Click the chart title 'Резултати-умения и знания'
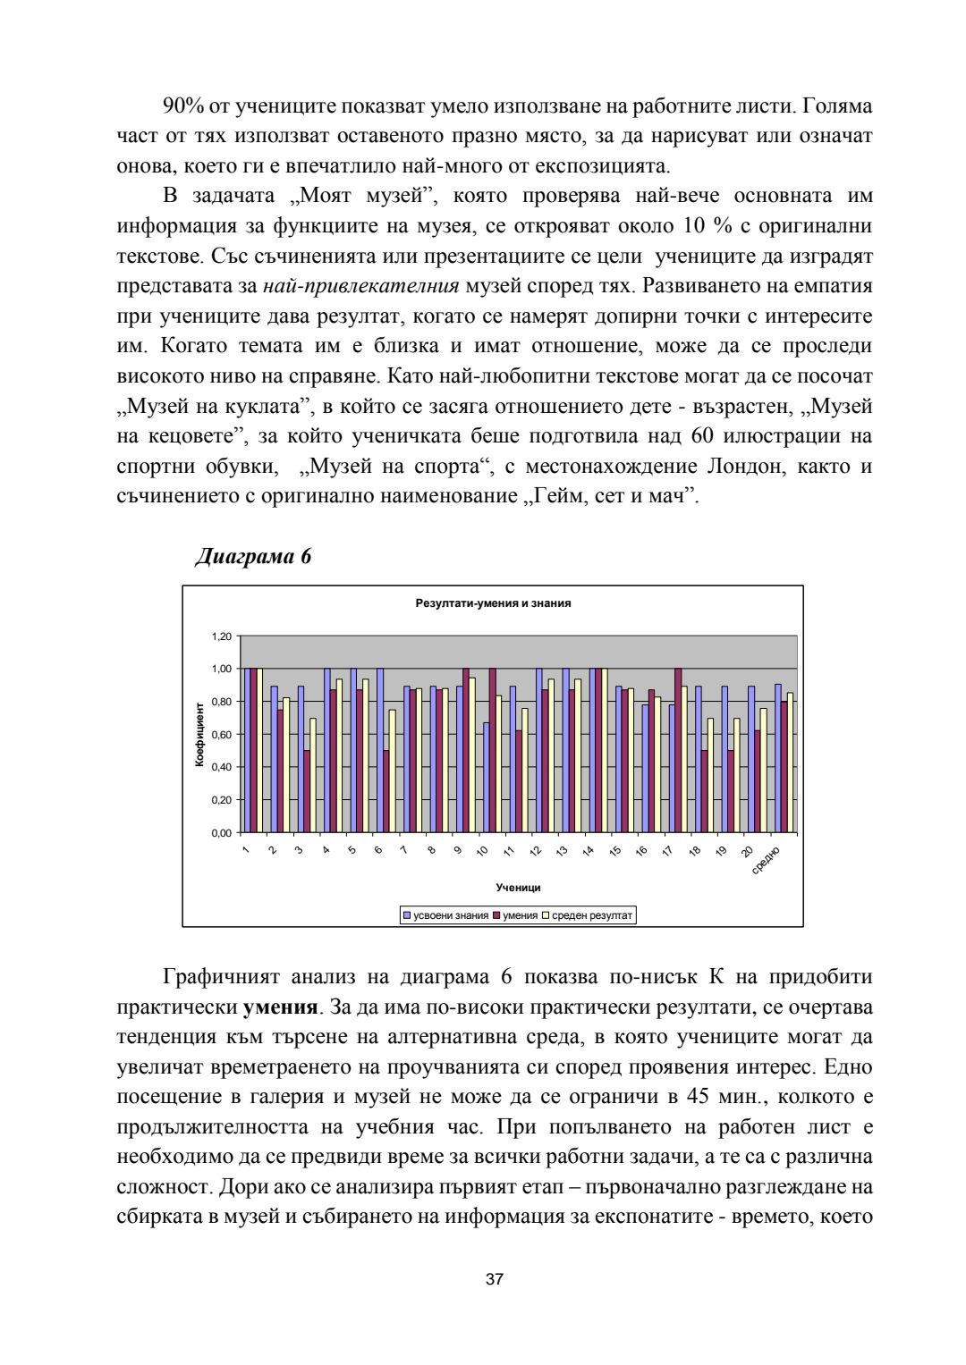493,603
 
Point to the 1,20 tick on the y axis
222,636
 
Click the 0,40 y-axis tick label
222,767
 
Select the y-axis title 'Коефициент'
199,734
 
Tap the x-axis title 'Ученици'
518,888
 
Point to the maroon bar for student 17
677,750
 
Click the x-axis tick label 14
589,851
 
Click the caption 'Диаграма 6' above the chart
253,557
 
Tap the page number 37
494,1279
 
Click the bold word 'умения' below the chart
280,1007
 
